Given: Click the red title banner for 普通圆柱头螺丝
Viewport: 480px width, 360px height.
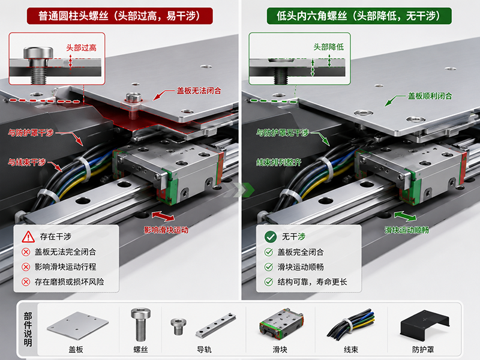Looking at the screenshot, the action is click(x=119, y=16).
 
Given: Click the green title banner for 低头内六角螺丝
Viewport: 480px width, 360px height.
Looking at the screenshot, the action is click(x=359, y=16).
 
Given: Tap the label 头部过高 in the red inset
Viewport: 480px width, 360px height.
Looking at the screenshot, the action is click(x=82, y=48).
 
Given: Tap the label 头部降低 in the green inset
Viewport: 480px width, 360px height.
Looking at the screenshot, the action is click(x=328, y=47).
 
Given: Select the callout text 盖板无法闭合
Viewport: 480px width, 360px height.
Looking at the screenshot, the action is click(x=199, y=91).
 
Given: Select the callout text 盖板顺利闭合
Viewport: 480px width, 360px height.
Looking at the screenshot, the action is click(x=430, y=96).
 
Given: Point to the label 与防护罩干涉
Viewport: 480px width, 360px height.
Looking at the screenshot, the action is click(x=31, y=133).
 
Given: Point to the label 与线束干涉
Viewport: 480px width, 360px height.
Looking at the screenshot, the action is click(x=27, y=162).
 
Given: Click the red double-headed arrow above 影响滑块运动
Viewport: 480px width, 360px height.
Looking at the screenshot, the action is click(x=163, y=216).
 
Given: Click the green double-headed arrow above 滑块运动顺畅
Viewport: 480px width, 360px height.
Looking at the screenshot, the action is click(x=406, y=216).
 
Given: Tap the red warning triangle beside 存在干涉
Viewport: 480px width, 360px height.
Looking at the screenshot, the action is click(x=28, y=236).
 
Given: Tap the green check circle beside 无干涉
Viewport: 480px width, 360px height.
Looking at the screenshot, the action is click(x=271, y=236).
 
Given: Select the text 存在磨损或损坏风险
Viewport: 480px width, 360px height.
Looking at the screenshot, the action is click(x=69, y=281).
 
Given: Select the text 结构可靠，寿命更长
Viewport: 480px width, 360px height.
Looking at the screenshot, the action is click(x=312, y=281).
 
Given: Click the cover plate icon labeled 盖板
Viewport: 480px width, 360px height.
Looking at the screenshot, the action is click(x=78, y=325).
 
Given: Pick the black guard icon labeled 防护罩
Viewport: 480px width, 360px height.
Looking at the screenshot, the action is click(x=425, y=325).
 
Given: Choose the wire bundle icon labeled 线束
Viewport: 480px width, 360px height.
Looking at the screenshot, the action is click(x=351, y=325).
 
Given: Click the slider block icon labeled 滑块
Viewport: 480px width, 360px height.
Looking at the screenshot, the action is click(x=281, y=325).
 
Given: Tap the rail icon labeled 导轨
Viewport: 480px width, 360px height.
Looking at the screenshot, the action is click(x=216, y=325).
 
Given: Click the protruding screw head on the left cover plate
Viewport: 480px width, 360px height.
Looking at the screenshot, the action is click(x=133, y=98).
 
